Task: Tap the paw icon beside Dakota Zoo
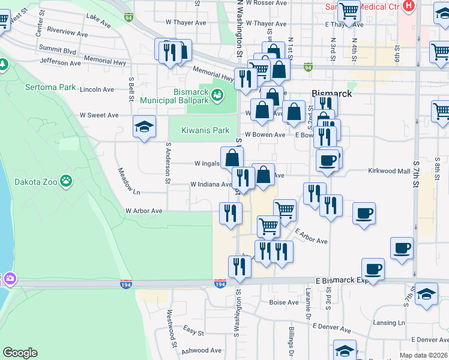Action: pyautogui.click(x=65, y=180)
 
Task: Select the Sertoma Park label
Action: pyautogui.click(x=50, y=87)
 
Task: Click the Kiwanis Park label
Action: pyautogui.click(x=205, y=130)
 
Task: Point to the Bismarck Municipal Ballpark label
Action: pyautogui.click(x=173, y=96)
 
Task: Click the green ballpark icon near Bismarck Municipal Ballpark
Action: pyautogui.click(x=217, y=94)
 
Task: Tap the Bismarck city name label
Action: pyautogui.click(x=331, y=94)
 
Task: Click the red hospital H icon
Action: pyautogui.click(x=408, y=6)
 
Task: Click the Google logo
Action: pyautogui.click(x=20, y=353)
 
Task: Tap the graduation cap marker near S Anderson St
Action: pyautogui.click(x=144, y=127)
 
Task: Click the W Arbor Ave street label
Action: pyautogui.click(x=143, y=211)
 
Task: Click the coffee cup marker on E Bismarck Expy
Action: pyautogui.click(x=373, y=270)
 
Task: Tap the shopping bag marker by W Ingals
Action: pyautogui.click(x=232, y=158)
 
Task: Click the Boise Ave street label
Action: pyautogui.click(x=284, y=302)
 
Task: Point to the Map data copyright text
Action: pyautogui.click(x=423, y=355)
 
